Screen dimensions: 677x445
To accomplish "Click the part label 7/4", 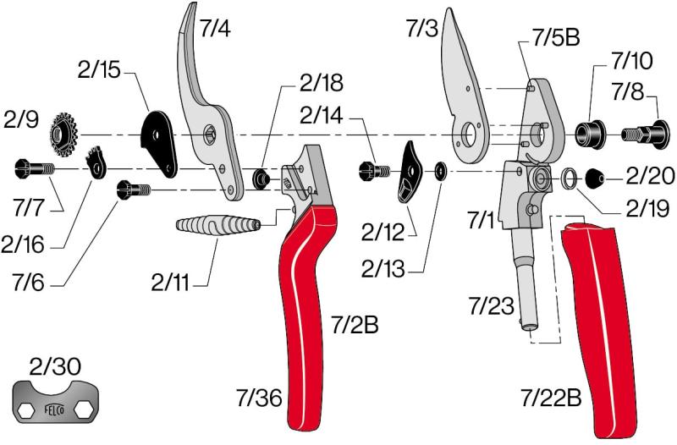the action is pos(215,29).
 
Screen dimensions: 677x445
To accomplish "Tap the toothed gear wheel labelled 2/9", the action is pos(63,135).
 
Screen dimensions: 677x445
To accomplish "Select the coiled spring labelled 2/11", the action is pos(217,225).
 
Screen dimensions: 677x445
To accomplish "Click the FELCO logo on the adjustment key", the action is pos(55,409).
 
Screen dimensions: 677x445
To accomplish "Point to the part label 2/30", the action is pos(55,366).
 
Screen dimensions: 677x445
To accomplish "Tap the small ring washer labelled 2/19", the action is pos(569,178).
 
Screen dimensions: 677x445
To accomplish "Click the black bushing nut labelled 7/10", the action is pos(589,135).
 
